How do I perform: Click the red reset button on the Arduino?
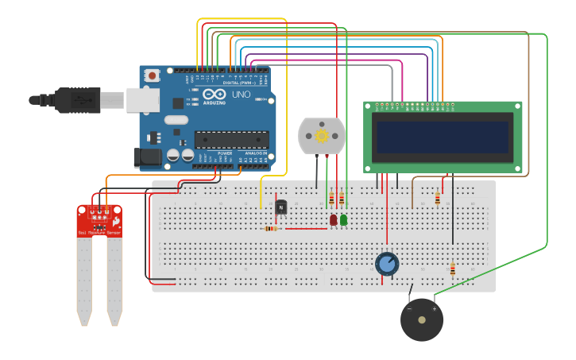(152, 75)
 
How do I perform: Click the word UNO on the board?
(240, 95)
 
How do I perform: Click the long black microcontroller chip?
(231, 140)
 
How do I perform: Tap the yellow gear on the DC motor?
(322, 136)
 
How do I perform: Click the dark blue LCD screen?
(443, 137)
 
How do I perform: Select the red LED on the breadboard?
(334, 219)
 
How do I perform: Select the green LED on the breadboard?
(343, 219)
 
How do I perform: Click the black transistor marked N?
(281, 207)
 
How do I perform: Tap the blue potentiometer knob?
(387, 263)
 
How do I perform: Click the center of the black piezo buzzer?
(422, 320)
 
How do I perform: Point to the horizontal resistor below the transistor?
(270, 229)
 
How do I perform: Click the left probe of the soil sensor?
(84, 278)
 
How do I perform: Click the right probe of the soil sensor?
(114, 278)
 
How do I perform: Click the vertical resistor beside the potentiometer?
(452, 269)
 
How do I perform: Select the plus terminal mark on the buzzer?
(435, 308)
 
